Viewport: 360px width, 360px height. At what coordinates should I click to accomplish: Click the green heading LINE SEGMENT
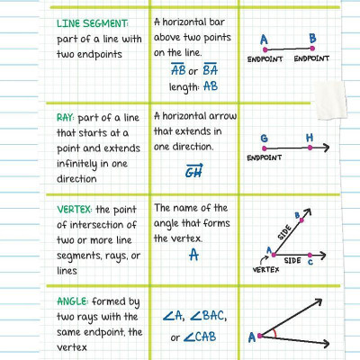coord(93,22)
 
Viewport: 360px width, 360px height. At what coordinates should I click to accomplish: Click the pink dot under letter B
coord(311,49)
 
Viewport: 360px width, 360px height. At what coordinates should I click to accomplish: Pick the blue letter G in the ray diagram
coord(264,138)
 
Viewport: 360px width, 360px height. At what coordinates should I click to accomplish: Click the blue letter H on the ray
coord(310,138)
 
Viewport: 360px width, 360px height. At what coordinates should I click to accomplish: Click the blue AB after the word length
coord(211,86)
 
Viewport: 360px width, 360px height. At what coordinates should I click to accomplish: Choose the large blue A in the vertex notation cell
coord(193,256)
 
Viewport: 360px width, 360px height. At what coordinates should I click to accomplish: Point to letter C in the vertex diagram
coord(310,262)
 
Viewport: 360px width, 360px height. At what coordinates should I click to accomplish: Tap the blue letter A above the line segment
coord(264,39)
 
